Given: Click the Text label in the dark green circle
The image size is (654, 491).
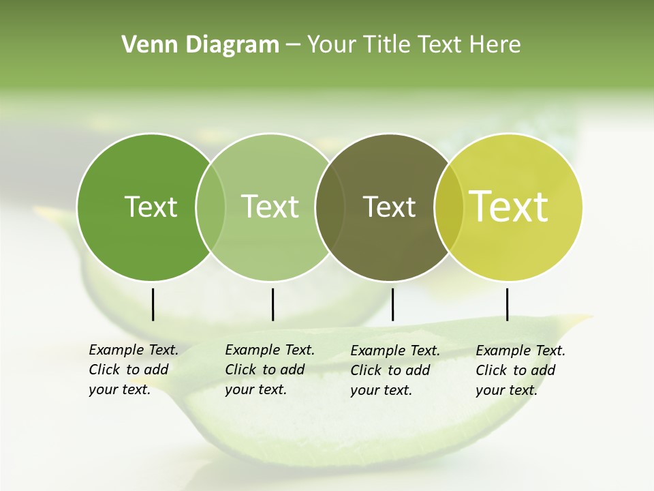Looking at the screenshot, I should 151,207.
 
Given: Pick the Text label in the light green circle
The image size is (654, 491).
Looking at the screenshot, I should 270,207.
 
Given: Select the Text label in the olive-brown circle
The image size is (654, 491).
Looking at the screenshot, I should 389,207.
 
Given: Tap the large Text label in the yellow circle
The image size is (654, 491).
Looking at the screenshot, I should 509,207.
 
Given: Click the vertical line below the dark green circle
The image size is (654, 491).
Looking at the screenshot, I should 153,304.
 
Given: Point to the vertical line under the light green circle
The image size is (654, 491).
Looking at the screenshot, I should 272,304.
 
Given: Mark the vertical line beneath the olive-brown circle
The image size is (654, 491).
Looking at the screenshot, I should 392,304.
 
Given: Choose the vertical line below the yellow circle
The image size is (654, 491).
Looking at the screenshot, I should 507,304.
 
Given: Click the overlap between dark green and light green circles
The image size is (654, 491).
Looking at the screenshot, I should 211,207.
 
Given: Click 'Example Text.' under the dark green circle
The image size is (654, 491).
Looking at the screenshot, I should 134,350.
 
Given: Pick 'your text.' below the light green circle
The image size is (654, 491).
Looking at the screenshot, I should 255,389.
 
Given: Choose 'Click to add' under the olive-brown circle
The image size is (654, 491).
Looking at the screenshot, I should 390,370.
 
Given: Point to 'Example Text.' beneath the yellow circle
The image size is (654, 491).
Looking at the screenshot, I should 520,351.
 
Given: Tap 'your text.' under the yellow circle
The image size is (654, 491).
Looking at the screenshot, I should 506,390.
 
